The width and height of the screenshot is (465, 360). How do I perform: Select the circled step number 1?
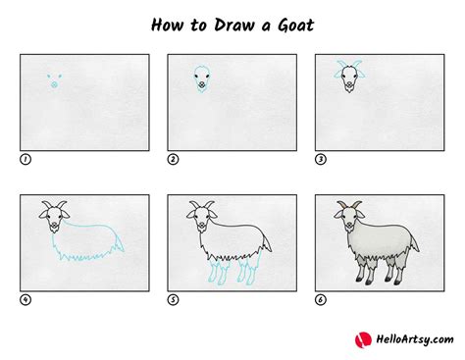click(x=24, y=158)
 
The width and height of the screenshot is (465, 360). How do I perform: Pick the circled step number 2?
click(x=172, y=158)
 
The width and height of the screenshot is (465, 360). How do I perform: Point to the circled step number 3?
click(x=320, y=158)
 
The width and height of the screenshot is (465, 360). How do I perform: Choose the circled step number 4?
click(x=24, y=300)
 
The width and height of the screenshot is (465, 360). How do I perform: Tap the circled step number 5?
click(x=172, y=300)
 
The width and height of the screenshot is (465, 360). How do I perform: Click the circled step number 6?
click(x=320, y=300)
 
